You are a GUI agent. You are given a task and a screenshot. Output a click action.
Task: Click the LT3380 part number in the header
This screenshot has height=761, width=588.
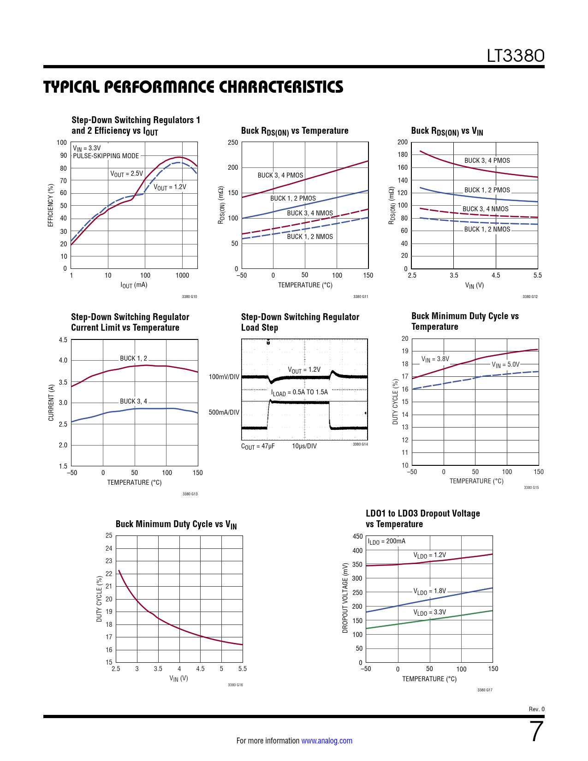pyautogui.click(x=516, y=56)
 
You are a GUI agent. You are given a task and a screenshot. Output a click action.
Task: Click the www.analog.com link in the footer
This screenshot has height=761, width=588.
pyautogui.click(x=327, y=741)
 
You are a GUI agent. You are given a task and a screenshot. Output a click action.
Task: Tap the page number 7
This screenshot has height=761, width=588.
pyautogui.click(x=536, y=732)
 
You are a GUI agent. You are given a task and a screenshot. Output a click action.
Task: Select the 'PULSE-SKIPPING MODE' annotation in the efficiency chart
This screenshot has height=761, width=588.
pyautogui.click(x=106, y=156)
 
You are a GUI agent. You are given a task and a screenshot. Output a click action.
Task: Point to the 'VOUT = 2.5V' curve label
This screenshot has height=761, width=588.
pyautogui.click(x=126, y=174)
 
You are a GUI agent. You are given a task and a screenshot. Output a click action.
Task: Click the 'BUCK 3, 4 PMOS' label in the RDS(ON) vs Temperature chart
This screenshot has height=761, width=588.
pyautogui.click(x=280, y=175)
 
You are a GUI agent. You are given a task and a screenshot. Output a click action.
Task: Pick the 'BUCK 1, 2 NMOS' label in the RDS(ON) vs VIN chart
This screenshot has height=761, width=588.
pyautogui.click(x=487, y=229)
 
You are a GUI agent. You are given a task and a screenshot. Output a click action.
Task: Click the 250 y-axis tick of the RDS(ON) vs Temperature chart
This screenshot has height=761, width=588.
pyautogui.click(x=233, y=143)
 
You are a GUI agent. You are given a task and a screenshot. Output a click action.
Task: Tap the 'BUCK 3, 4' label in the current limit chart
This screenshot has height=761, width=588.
pyautogui.click(x=133, y=401)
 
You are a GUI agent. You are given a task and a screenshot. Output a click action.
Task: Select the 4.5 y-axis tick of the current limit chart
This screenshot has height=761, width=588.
pyautogui.click(x=63, y=340)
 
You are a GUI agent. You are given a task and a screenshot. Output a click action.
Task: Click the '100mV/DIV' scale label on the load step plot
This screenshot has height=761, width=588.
pyautogui.click(x=224, y=377)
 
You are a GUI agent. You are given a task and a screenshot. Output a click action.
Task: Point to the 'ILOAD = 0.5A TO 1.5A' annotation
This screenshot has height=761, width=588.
pyautogui.click(x=299, y=392)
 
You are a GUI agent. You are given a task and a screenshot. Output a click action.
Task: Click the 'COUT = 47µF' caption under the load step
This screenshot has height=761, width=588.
pyautogui.click(x=258, y=446)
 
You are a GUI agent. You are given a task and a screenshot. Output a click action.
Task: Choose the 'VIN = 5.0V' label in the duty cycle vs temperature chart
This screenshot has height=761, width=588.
pyautogui.click(x=505, y=364)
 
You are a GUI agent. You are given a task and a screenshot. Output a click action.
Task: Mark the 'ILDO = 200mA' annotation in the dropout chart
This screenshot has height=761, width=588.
pyautogui.click(x=386, y=541)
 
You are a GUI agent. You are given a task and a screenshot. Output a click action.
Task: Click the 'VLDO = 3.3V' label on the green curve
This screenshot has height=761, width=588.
pyautogui.click(x=429, y=612)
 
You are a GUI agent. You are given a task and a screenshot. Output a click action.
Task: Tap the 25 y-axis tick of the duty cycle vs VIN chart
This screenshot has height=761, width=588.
pyautogui.click(x=109, y=535)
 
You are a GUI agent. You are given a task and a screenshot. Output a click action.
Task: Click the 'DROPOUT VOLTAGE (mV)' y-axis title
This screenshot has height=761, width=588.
pyautogui.click(x=345, y=598)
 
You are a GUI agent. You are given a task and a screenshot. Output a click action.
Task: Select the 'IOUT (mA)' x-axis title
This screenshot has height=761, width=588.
pyautogui.click(x=134, y=285)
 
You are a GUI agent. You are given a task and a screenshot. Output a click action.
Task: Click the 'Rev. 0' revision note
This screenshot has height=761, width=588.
pyautogui.click(x=536, y=709)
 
